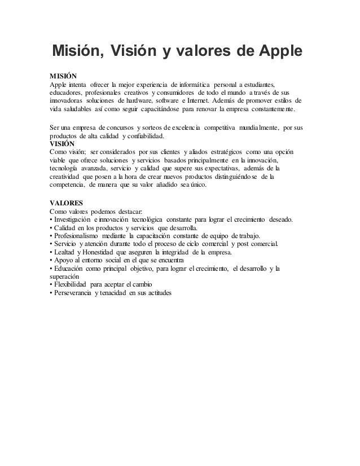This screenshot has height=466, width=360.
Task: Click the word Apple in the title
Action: click(275, 52)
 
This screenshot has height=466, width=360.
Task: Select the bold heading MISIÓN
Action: click(64, 74)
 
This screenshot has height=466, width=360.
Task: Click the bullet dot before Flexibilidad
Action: click(51, 285)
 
